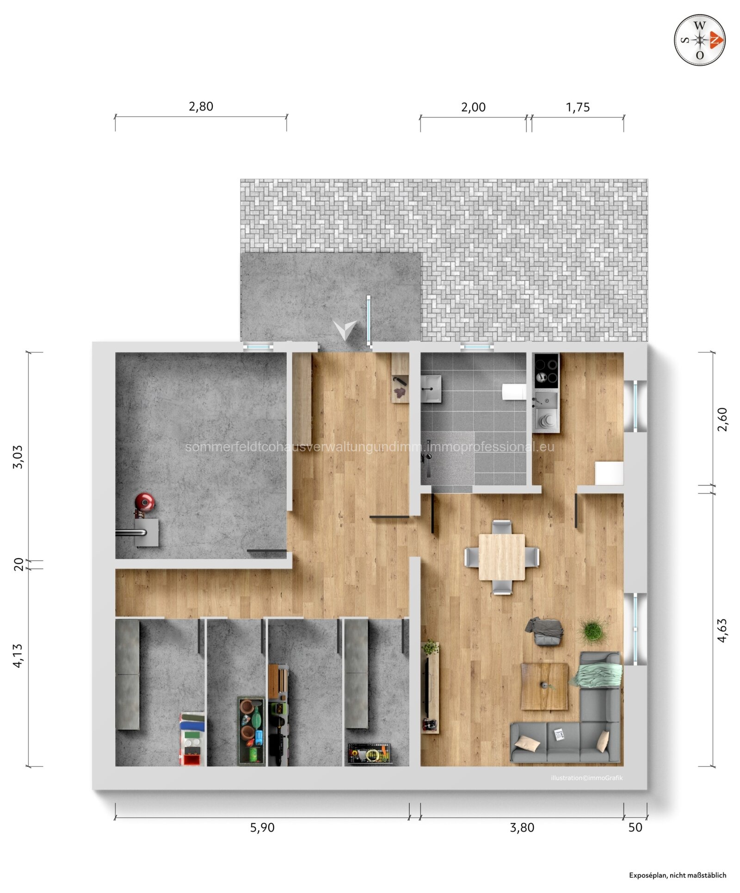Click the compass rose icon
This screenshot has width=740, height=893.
[x=699, y=40]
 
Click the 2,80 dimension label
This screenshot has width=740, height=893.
[x=201, y=106]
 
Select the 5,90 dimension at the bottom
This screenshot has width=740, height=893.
[x=262, y=827]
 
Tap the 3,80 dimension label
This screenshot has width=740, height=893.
[x=522, y=827]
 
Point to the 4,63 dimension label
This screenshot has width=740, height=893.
[x=722, y=630]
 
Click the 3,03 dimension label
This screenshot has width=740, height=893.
[x=18, y=457]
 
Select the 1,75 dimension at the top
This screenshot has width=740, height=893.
[x=578, y=107]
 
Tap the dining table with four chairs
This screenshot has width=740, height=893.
[x=502, y=557]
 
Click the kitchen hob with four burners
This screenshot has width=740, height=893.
[x=546, y=371]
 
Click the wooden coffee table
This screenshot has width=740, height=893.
[x=544, y=686]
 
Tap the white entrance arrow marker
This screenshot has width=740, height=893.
[x=345, y=329]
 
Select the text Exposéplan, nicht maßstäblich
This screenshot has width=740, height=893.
[x=677, y=875]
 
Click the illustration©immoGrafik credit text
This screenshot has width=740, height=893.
[x=586, y=778]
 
